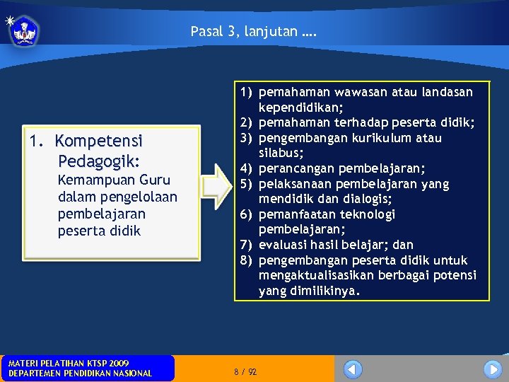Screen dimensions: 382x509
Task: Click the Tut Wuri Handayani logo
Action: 25,30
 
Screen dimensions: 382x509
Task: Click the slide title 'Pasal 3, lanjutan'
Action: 254,31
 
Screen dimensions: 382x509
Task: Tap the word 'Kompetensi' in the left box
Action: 98,140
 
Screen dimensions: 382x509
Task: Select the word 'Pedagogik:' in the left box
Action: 99,160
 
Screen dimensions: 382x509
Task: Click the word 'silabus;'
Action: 281,153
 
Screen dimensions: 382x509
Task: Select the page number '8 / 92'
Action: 245,371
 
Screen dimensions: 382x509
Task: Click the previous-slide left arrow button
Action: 353,369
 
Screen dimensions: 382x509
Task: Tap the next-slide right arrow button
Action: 492,369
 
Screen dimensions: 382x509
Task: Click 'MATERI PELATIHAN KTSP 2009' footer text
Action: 69,363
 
